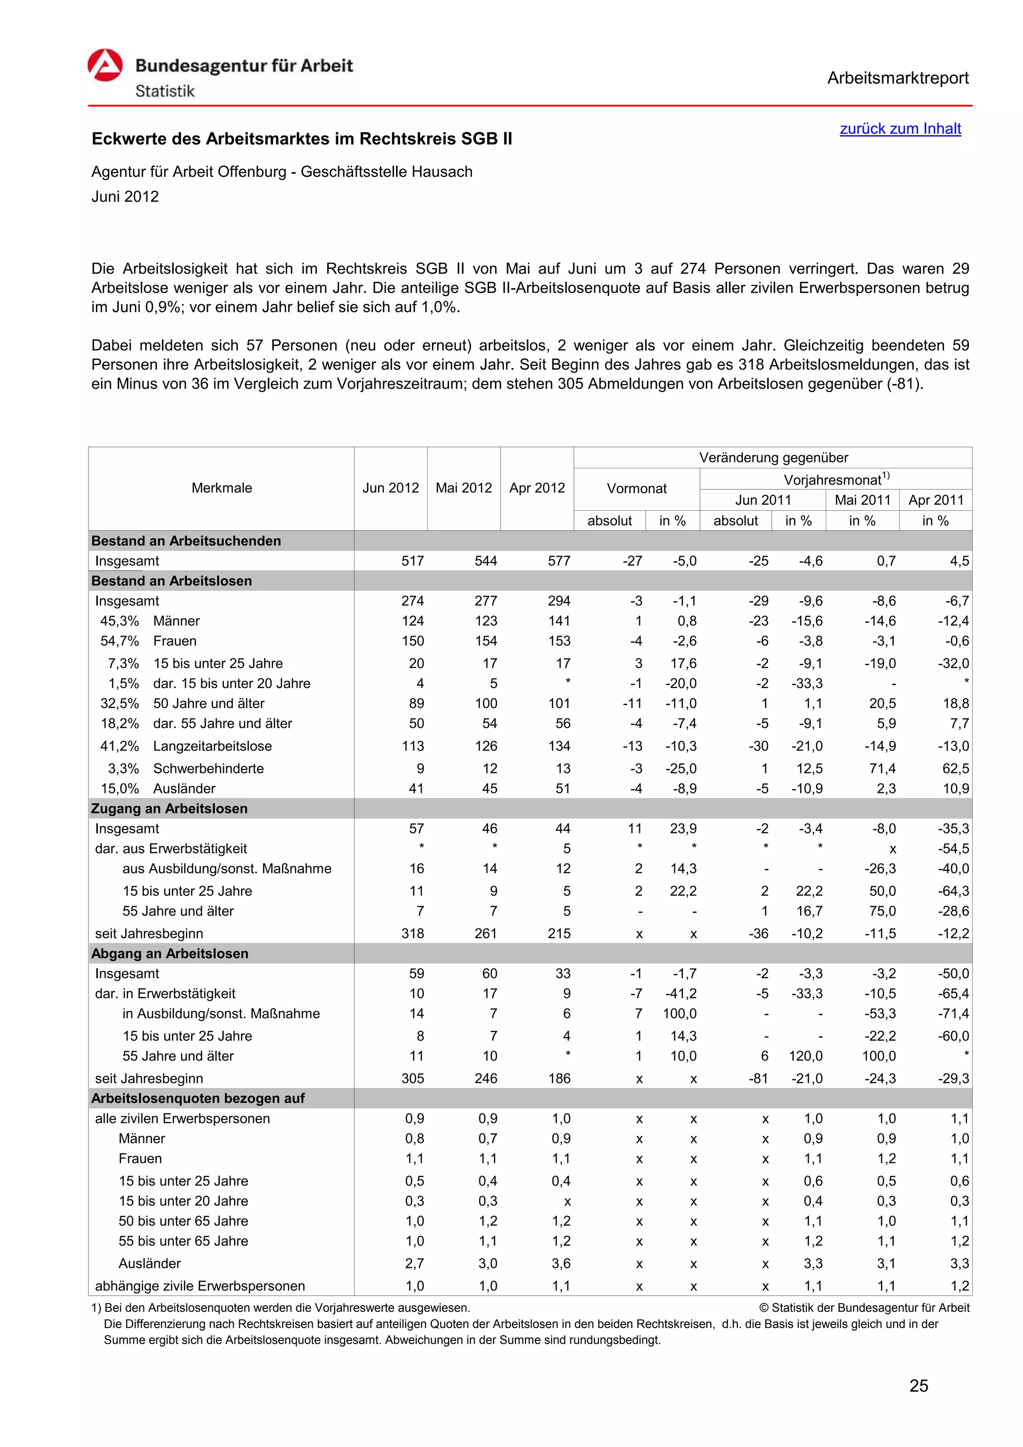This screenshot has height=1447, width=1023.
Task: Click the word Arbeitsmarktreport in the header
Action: click(x=897, y=78)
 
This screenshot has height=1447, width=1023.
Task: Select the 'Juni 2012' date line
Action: click(x=125, y=197)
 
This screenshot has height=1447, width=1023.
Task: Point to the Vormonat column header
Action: click(x=636, y=488)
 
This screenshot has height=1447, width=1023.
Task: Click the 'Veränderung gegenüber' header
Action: click(x=773, y=457)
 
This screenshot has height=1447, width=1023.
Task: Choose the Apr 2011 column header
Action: click(x=936, y=500)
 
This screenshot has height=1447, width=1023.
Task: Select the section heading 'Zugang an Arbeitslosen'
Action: click(x=169, y=808)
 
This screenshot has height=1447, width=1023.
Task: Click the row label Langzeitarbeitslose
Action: click(x=212, y=746)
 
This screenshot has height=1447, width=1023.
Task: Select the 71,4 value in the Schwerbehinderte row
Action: click(x=882, y=768)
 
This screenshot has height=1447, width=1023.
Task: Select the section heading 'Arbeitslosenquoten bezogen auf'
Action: click(x=197, y=1098)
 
